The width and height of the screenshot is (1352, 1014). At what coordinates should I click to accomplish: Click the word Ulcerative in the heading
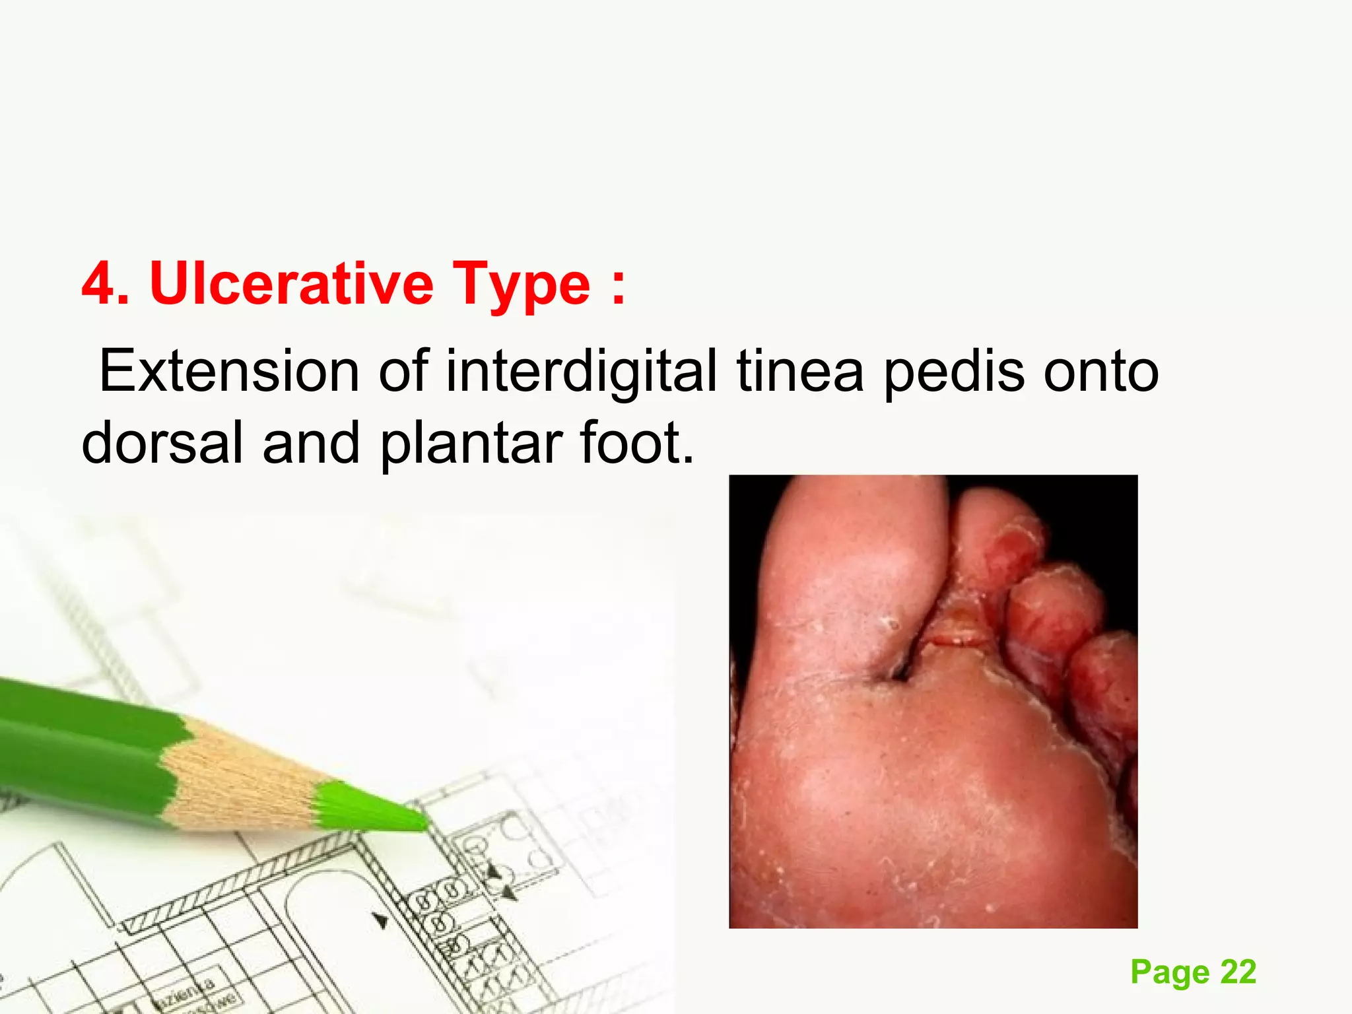point(291,284)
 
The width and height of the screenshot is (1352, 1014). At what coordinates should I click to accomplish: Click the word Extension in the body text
point(228,371)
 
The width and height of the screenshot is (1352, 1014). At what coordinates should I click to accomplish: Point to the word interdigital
point(581,371)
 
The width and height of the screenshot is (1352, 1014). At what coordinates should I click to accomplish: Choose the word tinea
point(799,371)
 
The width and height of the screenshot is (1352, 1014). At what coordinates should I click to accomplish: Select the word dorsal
point(162,443)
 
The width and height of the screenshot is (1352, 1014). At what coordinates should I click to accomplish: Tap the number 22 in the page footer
point(1238,972)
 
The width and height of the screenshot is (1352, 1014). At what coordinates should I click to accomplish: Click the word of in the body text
point(403,371)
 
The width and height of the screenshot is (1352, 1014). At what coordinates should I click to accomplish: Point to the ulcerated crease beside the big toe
point(951,634)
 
